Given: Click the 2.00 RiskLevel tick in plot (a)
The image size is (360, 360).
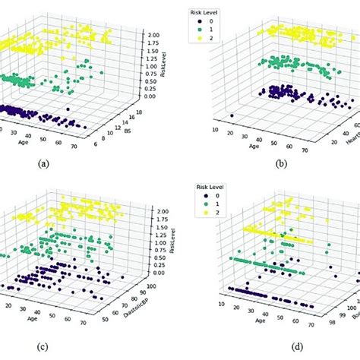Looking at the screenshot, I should coord(156,35).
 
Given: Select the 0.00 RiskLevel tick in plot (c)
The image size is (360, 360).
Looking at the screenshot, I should coord(157,272).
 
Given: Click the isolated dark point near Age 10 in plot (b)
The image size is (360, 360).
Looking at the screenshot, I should coord(231,116).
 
